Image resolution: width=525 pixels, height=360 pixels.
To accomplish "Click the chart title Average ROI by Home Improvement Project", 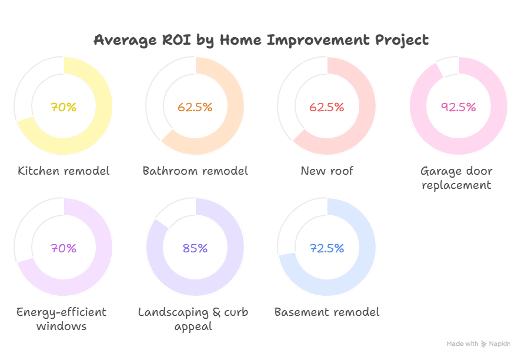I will pos(262,40).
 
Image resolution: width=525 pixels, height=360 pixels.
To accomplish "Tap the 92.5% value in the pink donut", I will pos(458,107).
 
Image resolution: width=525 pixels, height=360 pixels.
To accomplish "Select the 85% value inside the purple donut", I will pos(195,248).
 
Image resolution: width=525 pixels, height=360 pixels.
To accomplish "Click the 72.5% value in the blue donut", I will pos(326,248).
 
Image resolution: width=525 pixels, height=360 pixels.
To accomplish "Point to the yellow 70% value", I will pos(63,107).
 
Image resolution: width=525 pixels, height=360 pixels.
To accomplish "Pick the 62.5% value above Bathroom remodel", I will pos(195,107).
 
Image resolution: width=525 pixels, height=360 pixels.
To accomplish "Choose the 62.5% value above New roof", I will pos(326,107).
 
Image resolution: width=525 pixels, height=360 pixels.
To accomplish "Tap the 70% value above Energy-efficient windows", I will pos(63,248).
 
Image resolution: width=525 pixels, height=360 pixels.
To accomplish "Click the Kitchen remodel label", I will pos(63,171).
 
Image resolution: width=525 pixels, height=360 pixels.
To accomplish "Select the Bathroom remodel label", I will pos(195,171).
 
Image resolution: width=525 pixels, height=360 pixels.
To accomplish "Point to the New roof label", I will pos(327,171).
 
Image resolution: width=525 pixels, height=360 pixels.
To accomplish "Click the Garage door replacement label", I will pos(456,178).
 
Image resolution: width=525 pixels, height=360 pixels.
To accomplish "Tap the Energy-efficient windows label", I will pos(61,319).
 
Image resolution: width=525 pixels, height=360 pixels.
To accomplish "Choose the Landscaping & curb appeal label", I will pos(193,319).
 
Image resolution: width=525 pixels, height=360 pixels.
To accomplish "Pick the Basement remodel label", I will pos(327,312).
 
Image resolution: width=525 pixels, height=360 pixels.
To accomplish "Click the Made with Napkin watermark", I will pos(478,344).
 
